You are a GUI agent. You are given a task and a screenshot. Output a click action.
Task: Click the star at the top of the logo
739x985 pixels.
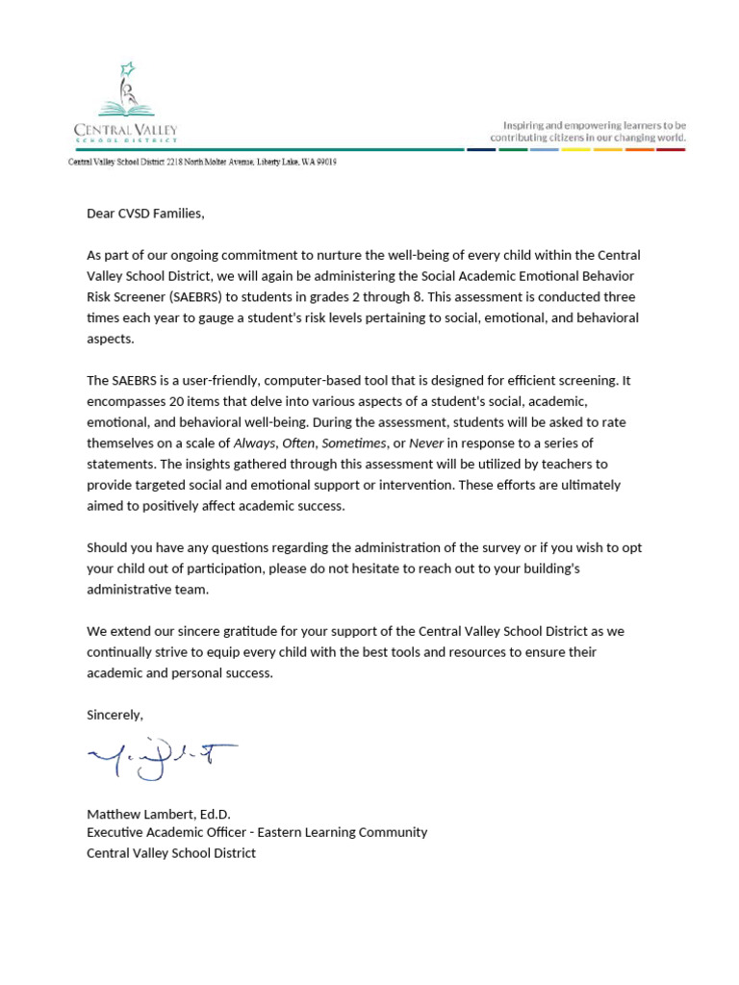point(125,68)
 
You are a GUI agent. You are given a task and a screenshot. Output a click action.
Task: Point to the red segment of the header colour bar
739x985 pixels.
point(671,149)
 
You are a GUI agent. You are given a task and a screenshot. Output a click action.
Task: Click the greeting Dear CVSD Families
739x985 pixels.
point(145,214)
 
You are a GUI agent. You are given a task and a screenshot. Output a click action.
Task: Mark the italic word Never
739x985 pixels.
point(427,443)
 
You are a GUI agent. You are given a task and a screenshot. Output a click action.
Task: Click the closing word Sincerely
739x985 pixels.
point(115,715)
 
